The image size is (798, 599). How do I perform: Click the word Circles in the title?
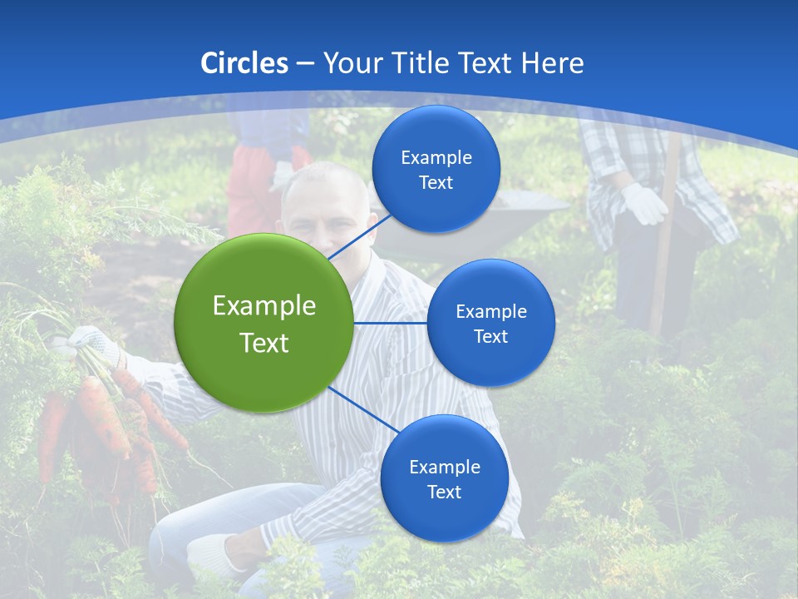(244, 63)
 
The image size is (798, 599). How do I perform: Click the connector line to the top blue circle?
(359, 236)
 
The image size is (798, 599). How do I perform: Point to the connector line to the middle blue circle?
(391, 323)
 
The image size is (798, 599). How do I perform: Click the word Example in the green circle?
(264, 306)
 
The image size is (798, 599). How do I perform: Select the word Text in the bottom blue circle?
(444, 492)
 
